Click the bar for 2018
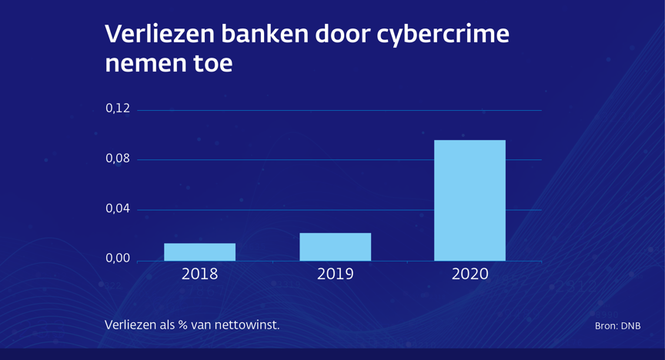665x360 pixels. click(199, 252)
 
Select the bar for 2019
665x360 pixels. click(335, 247)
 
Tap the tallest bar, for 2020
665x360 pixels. click(470, 200)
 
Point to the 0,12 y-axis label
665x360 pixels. click(118, 108)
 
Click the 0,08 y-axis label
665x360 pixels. click(118, 159)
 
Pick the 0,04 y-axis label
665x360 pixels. click(118, 208)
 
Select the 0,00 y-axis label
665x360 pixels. click(118, 259)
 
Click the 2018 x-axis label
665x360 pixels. click(199, 274)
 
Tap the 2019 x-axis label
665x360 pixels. click(335, 274)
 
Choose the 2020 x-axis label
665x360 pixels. click(470, 274)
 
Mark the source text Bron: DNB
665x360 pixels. click(617, 326)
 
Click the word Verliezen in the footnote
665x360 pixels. click(131, 325)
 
